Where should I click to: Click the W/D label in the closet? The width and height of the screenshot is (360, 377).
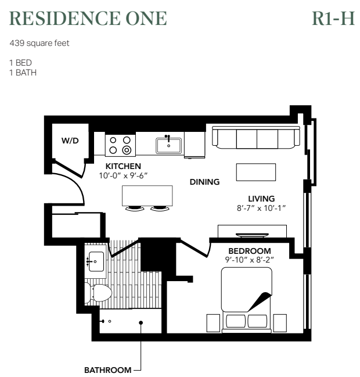70,141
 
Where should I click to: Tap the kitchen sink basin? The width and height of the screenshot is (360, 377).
169,146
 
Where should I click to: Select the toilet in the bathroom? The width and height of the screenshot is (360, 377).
98,293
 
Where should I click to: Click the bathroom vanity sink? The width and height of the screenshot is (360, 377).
96,261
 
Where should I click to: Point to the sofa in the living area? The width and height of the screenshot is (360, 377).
256,138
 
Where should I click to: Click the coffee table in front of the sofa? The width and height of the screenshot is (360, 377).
256,172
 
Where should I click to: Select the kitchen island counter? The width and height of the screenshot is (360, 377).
147,196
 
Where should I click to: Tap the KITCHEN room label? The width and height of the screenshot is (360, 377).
123,166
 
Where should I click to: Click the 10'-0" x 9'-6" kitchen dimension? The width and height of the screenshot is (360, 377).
123,176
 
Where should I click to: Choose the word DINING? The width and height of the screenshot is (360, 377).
205,182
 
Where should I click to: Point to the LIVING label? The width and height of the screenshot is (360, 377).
261,199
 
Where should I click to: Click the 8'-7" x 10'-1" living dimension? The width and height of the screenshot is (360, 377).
261,208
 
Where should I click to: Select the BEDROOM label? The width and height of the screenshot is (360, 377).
250,251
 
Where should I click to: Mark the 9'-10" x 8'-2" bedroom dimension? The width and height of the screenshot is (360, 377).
250,260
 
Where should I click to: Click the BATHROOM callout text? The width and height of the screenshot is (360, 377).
108,370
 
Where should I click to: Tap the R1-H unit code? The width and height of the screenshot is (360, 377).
333,18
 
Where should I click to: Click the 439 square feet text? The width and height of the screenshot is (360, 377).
39,43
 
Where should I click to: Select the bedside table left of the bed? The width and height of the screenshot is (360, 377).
214,323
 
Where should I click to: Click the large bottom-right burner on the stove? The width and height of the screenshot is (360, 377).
127,150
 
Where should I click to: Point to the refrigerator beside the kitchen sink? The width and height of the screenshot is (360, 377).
195,145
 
